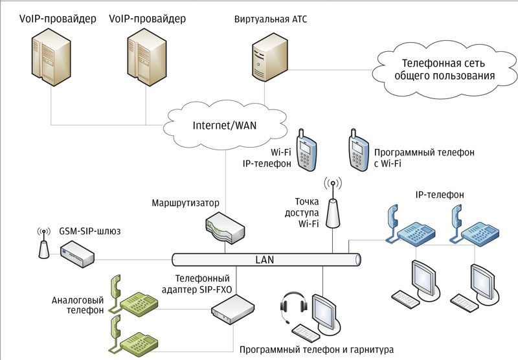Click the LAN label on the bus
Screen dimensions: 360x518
point(266,260)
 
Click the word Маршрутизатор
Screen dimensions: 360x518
point(186,203)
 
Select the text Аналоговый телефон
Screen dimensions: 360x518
point(78,305)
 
